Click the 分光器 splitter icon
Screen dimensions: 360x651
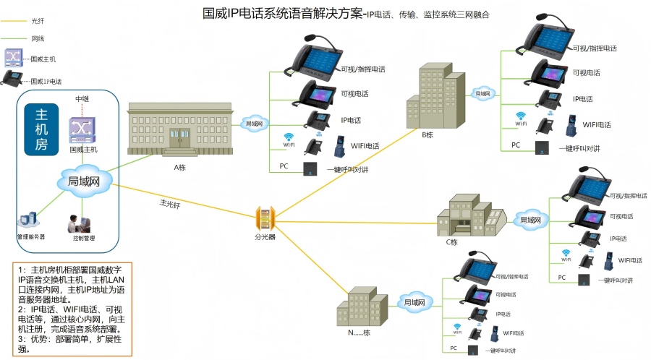(x=265, y=217)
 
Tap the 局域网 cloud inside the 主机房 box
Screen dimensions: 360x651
(x=83, y=181)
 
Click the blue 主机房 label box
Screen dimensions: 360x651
(x=41, y=130)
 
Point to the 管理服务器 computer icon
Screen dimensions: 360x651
(x=30, y=220)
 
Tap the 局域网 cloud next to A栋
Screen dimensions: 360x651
(x=254, y=124)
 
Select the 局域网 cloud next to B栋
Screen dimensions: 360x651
(x=483, y=93)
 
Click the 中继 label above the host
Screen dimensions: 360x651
(x=83, y=98)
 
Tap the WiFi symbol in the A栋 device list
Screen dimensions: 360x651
(x=289, y=138)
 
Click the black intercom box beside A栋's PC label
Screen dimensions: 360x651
(x=310, y=168)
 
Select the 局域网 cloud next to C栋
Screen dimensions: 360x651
(x=530, y=219)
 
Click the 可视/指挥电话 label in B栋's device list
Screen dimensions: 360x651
(x=595, y=48)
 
